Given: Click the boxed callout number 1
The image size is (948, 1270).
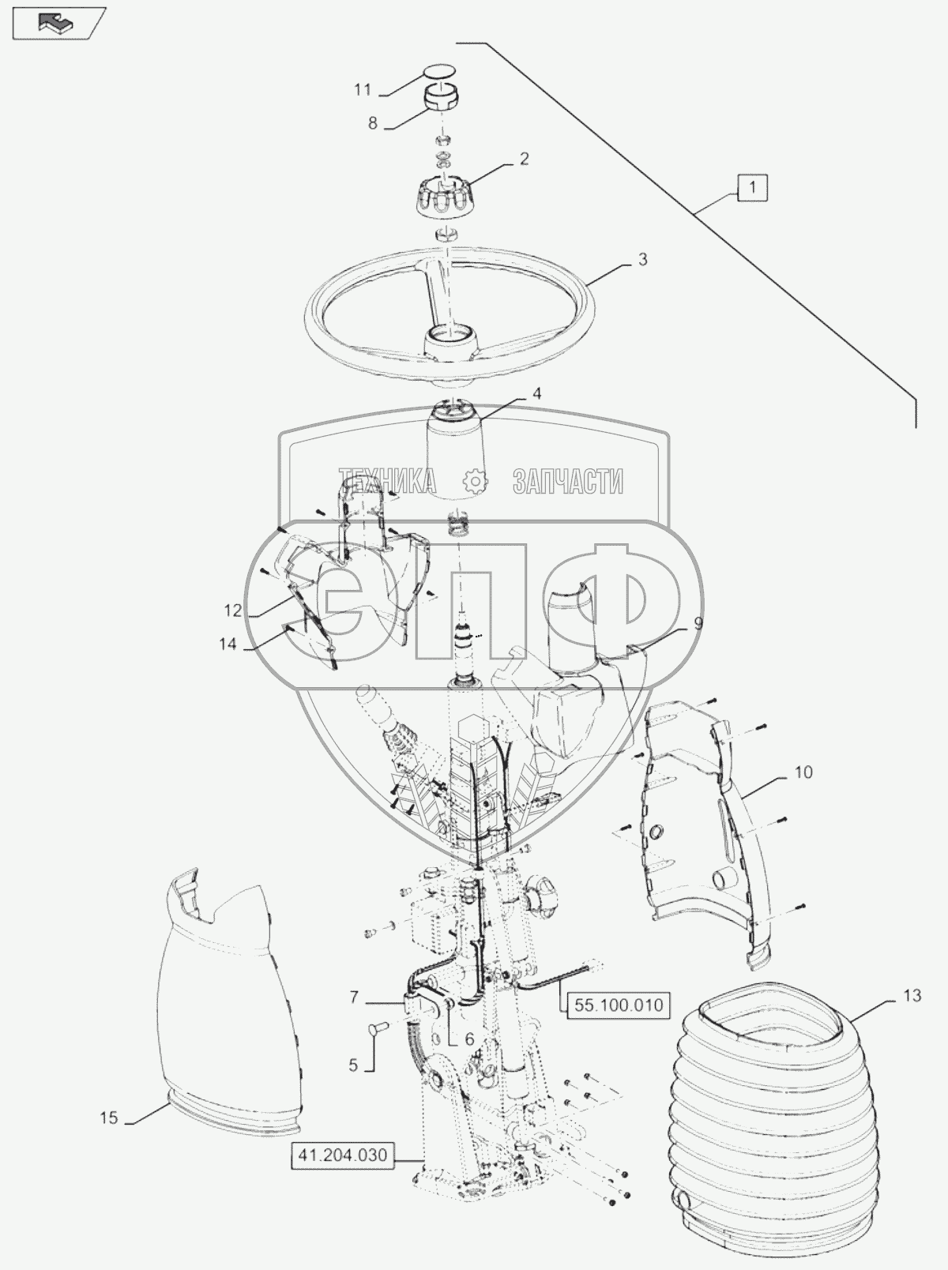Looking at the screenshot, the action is click(x=754, y=189).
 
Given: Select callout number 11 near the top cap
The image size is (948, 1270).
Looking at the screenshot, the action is click(x=362, y=90).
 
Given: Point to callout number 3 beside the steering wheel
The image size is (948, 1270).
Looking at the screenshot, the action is click(x=643, y=259).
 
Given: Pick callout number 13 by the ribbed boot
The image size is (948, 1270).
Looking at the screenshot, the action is click(x=912, y=996).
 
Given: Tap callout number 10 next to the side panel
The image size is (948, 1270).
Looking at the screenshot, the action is click(x=803, y=772).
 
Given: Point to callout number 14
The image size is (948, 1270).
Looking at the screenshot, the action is click(x=228, y=644).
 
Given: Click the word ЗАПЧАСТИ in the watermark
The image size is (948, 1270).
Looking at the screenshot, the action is click(x=568, y=481).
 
